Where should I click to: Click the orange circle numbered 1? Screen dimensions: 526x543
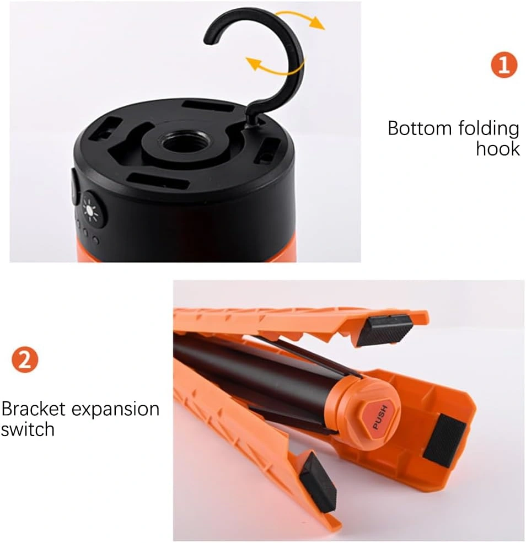[x=504, y=64]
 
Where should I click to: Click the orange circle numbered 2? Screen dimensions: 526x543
[x=25, y=360]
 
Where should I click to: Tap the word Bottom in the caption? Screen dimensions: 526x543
[x=420, y=128]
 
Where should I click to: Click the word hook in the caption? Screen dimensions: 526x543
[x=498, y=149]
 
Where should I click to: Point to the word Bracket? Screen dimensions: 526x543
[x=33, y=409]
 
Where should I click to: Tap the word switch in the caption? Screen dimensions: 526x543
[x=28, y=429]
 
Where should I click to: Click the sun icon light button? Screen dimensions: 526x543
[x=92, y=210]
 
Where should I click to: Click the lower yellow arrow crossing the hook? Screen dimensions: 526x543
[x=274, y=67]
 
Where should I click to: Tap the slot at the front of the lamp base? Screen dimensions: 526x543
[x=158, y=180]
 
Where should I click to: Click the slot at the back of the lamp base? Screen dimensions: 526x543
[x=207, y=106]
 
